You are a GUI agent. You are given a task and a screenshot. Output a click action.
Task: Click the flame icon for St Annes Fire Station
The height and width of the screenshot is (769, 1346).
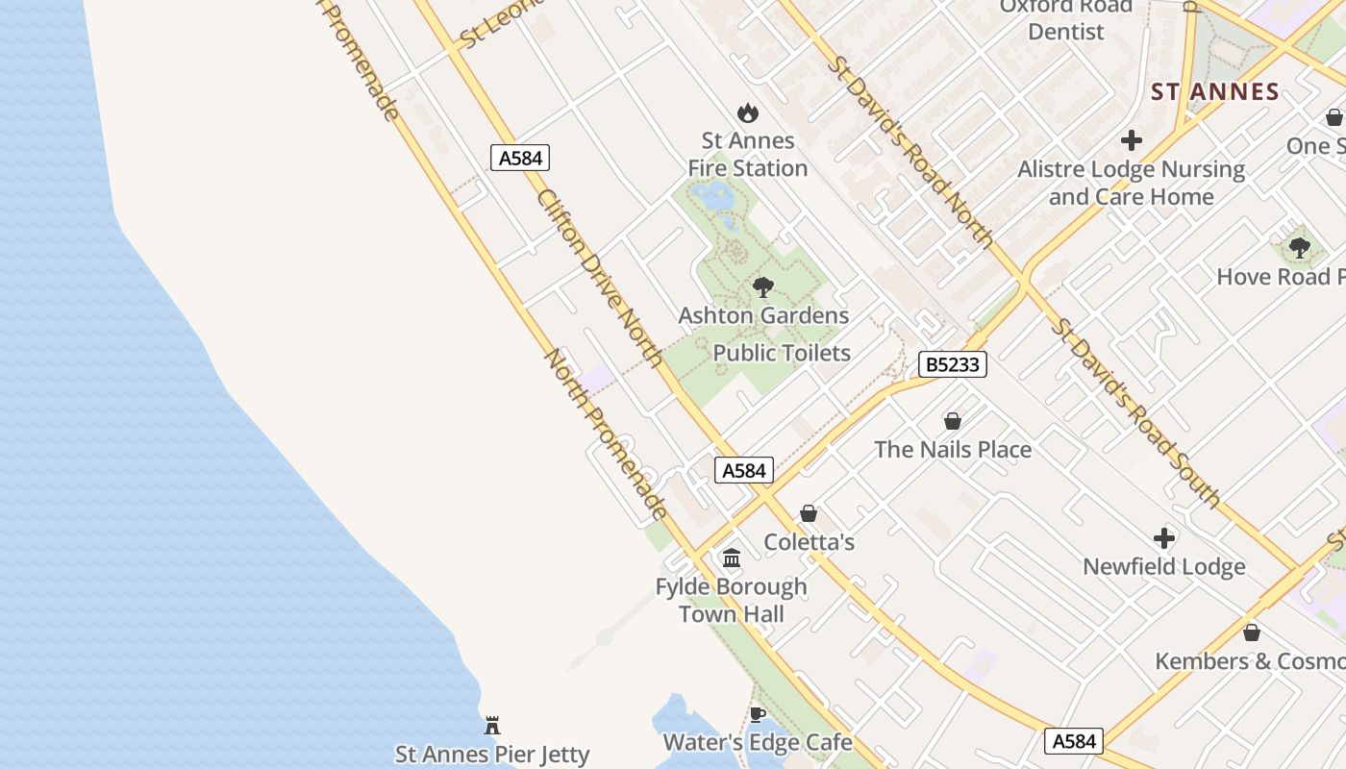click(x=747, y=112)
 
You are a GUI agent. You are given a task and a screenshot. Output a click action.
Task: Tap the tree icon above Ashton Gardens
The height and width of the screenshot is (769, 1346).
click(x=763, y=286)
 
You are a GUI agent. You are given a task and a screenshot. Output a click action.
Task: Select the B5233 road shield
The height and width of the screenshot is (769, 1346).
click(x=953, y=364)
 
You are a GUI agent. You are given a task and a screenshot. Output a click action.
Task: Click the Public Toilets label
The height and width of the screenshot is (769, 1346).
click(x=782, y=353)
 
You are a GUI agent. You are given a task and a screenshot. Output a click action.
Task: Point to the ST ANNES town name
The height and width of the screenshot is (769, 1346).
click(x=1215, y=92)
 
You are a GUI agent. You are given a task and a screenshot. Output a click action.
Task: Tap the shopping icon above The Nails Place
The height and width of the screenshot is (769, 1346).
click(x=953, y=421)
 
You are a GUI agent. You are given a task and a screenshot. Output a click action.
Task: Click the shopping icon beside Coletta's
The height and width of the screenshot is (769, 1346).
click(x=809, y=513)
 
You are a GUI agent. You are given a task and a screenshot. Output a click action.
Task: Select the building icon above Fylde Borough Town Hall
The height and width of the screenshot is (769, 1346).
click(x=732, y=558)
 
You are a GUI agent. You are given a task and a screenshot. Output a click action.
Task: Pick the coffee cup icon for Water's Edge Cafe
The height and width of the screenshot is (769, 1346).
click(x=757, y=714)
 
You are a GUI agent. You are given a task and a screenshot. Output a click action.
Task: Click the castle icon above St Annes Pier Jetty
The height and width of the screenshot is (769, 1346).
click(x=492, y=725)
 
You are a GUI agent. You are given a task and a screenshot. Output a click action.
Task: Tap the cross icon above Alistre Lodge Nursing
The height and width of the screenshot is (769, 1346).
click(x=1132, y=140)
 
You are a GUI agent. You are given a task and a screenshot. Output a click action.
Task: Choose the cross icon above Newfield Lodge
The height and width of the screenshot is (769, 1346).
click(x=1164, y=537)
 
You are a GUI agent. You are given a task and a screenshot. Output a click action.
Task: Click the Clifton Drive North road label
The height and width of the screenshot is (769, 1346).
click(x=599, y=277)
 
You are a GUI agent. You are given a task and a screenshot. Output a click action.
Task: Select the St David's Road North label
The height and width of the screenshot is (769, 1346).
click(x=910, y=151)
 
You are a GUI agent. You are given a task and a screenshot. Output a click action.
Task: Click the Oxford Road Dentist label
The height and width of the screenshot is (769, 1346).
click(x=1065, y=19)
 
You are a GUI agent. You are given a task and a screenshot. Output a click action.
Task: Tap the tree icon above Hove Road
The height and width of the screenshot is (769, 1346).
click(x=1299, y=248)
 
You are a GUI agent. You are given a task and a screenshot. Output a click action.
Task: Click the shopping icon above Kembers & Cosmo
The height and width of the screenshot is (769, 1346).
click(x=1252, y=633)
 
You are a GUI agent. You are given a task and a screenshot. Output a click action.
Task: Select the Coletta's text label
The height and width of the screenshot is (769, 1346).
click(x=809, y=542)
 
